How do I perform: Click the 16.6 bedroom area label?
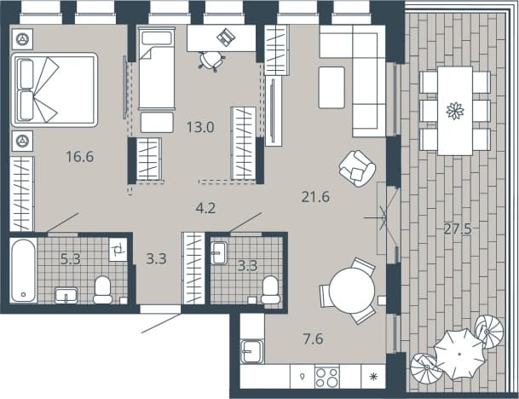click(80, 156)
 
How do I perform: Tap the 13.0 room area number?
click(200, 127)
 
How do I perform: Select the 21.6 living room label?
click(316, 197)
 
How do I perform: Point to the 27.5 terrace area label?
click(458, 228)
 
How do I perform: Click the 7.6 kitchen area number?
click(313, 339)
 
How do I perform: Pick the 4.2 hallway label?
click(205, 208)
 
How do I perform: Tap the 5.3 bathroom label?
click(71, 258)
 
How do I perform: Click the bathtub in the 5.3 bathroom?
click(23, 270)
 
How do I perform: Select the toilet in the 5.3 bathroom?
click(102, 290)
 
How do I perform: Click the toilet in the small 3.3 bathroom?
click(270, 290)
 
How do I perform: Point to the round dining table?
click(352, 291)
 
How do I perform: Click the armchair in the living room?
click(357, 168)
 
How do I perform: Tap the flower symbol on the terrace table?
click(455, 111)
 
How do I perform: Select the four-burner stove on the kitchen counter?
click(327, 377)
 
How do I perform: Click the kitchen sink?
click(252, 351)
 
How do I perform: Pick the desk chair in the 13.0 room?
click(212, 61)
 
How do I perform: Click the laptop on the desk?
click(227, 37)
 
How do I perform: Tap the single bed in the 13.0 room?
click(157, 68)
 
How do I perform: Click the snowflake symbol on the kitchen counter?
click(373, 377)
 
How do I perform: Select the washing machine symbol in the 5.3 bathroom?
click(118, 250)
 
